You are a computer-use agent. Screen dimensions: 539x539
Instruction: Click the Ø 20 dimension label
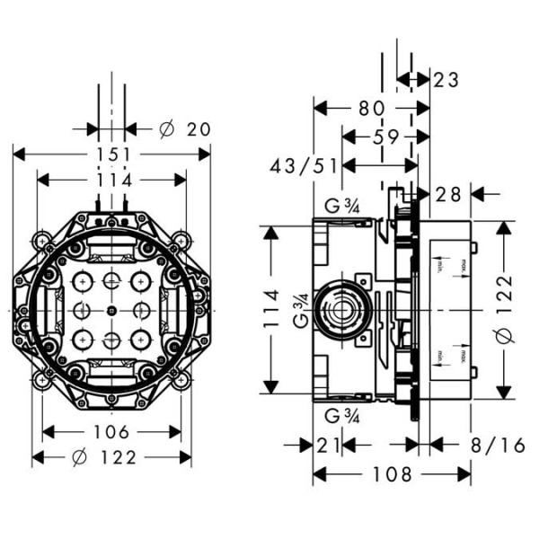click(x=184, y=129)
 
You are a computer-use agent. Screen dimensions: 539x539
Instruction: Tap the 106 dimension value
click(x=112, y=432)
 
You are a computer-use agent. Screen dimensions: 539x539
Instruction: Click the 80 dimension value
click(x=370, y=109)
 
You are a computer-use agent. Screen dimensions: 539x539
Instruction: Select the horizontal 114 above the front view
click(x=112, y=181)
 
